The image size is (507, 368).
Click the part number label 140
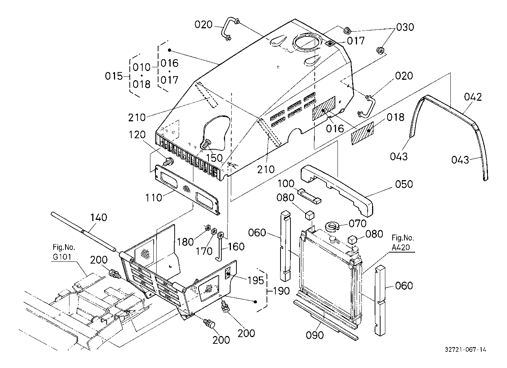coord(99,218)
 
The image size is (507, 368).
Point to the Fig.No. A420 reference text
coord(403,243)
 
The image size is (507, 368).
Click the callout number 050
coord(404,184)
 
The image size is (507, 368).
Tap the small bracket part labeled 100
coord(310,196)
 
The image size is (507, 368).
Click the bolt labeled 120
coord(168,162)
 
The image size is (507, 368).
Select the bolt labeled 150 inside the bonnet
coord(206,144)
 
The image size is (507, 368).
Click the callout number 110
coord(154,198)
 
